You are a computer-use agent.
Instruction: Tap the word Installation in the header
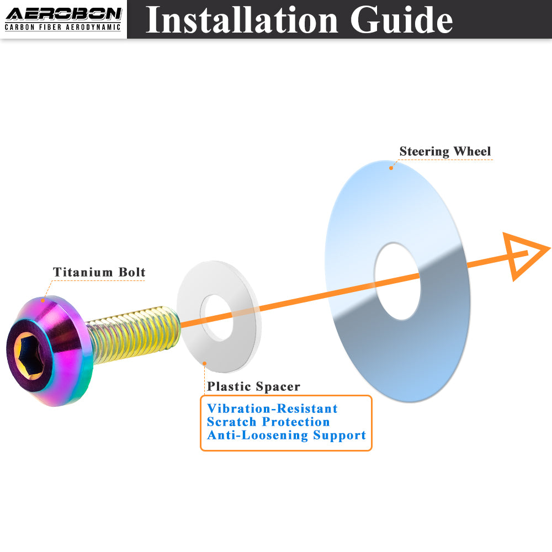coord(242,20)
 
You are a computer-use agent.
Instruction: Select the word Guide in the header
coord(401,20)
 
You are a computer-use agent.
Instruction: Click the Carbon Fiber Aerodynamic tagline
coord(63,28)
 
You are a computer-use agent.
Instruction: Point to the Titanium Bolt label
coord(99,272)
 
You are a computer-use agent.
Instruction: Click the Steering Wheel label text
coord(445,151)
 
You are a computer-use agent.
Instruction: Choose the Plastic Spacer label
coord(253,386)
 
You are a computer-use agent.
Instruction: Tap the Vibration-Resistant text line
coord(273,408)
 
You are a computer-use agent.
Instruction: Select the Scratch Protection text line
coord(268,422)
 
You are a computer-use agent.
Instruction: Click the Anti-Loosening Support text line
coord(286,435)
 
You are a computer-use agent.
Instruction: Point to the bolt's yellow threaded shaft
coord(134,333)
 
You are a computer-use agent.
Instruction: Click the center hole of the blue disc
coord(397,281)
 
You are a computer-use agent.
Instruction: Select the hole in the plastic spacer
coord(217,317)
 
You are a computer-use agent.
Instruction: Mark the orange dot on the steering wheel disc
coord(391,168)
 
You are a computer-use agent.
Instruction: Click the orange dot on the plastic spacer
coord(205,363)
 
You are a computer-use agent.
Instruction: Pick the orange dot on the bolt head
coord(43,300)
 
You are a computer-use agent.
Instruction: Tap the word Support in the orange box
coord(339,436)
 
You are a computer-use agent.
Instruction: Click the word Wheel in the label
coord(473,151)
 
